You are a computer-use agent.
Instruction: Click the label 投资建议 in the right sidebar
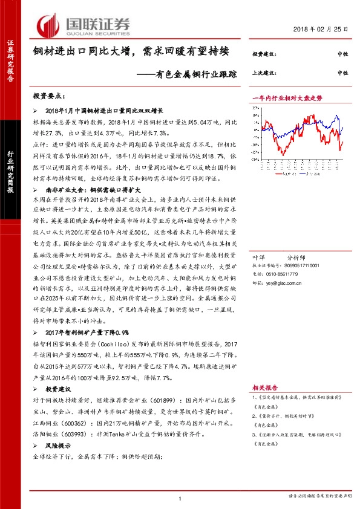264,54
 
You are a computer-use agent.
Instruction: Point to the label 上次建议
264,73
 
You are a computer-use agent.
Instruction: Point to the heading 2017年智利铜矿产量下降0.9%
88,332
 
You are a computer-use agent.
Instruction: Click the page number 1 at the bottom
180,498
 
